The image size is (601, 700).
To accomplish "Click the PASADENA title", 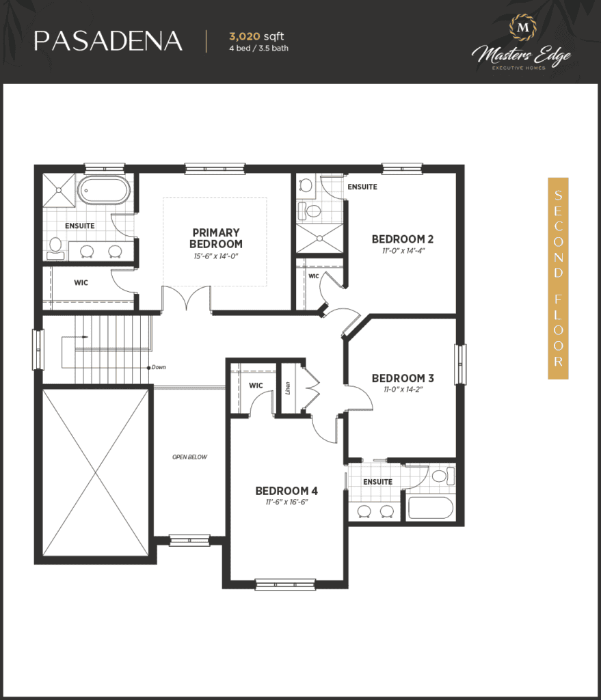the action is point(108,41).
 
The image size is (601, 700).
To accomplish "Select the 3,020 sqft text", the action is point(256,36).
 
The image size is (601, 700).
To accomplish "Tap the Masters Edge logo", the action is point(522,42).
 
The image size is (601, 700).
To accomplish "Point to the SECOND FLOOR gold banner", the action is point(558,279).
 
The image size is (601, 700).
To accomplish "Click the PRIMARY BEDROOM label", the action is point(216,239).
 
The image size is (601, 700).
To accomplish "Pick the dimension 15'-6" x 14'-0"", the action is point(216,256).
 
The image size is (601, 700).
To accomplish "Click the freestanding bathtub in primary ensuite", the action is point(104,190).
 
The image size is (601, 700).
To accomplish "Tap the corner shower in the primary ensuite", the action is point(59,190).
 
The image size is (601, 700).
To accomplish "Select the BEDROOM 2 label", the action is point(403,239).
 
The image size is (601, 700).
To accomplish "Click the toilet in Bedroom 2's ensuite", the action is point(310,211).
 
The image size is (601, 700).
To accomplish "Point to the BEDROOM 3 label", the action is point(403,378).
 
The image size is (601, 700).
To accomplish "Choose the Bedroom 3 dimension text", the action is point(403,389).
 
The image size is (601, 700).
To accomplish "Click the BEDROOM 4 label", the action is point(286,491).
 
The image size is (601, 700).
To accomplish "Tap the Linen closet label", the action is point(288,388).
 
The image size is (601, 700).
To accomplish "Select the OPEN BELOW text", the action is point(190,457).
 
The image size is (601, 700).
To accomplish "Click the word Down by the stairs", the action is point(159,367).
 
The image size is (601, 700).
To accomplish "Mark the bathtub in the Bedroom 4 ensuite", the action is point(431,508).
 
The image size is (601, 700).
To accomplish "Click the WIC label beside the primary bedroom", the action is point(81,282).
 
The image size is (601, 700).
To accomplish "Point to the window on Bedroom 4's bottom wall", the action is point(285,584).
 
